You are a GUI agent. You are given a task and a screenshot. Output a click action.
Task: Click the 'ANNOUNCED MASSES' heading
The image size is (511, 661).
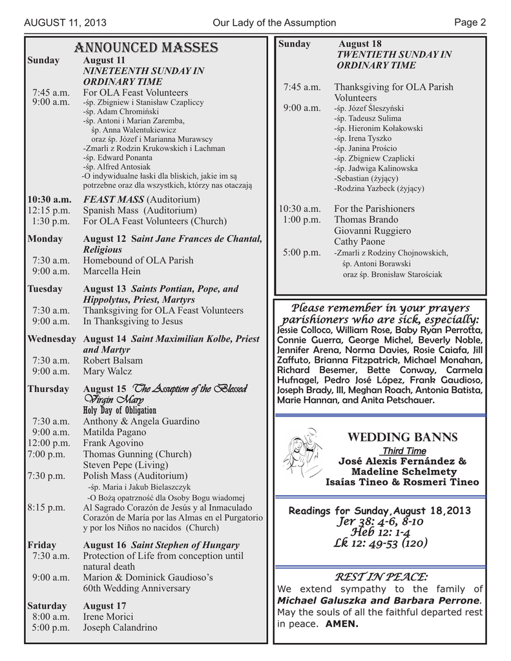[146, 48]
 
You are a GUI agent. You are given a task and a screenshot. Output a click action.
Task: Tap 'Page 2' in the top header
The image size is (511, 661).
[470, 23]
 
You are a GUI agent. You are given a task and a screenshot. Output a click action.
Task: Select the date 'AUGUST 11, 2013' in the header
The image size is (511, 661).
[65, 23]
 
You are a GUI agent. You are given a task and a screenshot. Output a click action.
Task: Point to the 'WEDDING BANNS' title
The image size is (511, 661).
[402, 438]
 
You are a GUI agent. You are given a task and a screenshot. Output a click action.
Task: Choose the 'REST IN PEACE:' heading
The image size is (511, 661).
[379, 576]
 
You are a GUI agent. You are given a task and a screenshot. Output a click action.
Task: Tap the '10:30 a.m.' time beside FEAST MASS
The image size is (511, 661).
[49, 199]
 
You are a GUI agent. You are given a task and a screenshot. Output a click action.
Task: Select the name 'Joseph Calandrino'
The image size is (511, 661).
[120, 627]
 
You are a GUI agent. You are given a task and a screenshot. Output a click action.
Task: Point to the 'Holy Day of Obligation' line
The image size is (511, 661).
[120, 411]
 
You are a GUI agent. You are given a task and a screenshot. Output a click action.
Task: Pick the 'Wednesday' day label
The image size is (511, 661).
[52, 338]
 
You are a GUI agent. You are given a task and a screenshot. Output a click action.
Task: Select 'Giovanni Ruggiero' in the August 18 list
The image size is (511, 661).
[373, 230]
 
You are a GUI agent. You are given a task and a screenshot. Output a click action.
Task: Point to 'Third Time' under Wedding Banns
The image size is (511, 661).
[404, 451]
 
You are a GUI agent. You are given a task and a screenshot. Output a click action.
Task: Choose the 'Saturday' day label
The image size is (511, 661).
[47, 605]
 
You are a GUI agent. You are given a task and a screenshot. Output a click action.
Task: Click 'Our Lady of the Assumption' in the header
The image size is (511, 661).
[274, 23]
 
